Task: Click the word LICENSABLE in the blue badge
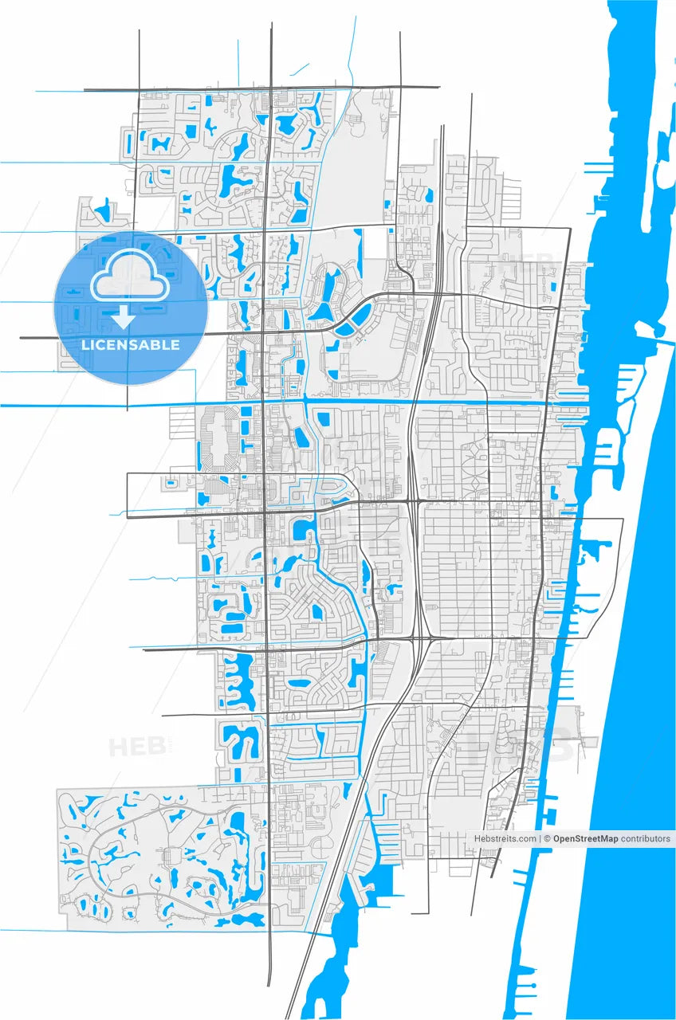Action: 131,345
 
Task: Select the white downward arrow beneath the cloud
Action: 123,317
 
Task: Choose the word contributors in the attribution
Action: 646,838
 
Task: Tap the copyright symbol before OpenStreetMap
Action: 548,838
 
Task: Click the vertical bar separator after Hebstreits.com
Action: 540,838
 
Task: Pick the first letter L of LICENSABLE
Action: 84,345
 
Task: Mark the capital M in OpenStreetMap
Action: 607,838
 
